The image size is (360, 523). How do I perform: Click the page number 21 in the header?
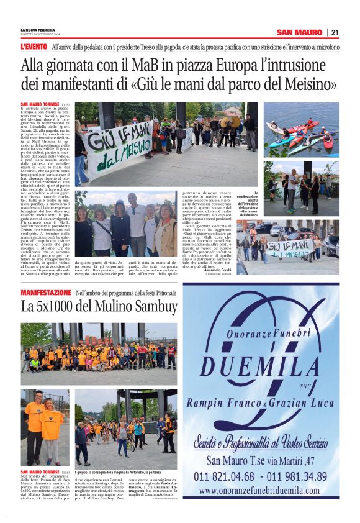[x=335, y=32]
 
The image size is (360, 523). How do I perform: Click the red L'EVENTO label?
[x=34, y=47]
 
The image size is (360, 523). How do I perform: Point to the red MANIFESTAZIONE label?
[x=47, y=292]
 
